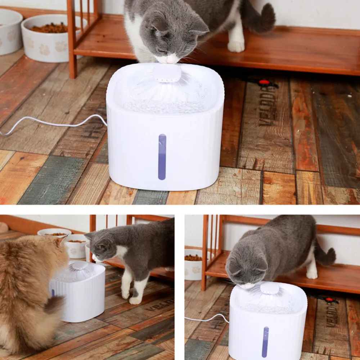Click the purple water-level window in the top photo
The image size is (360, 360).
click(162, 157)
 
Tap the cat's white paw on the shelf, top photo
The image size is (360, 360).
click(236, 46)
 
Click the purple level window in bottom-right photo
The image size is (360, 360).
click(265, 342)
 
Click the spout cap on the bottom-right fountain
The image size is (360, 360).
click(270, 288)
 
